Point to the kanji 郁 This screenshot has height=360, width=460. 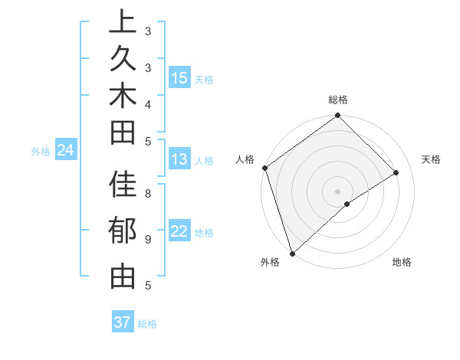point(123,232)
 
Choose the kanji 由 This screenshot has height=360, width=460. point(123,276)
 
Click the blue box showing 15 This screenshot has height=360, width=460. point(179,78)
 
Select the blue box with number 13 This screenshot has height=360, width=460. point(179,160)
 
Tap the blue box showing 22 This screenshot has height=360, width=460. point(179,232)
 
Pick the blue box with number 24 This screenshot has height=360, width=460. point(66,151)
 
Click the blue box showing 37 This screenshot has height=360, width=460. point(123,322)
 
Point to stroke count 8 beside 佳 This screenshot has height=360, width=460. point(148,193)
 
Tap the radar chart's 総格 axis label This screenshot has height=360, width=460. point(338,100)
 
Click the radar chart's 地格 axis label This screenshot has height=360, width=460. point(402,263)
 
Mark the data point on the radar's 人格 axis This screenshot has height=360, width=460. point(264,168)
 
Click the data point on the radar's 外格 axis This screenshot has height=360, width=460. point(292,253)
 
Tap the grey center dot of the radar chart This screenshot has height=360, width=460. point(337,191)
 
